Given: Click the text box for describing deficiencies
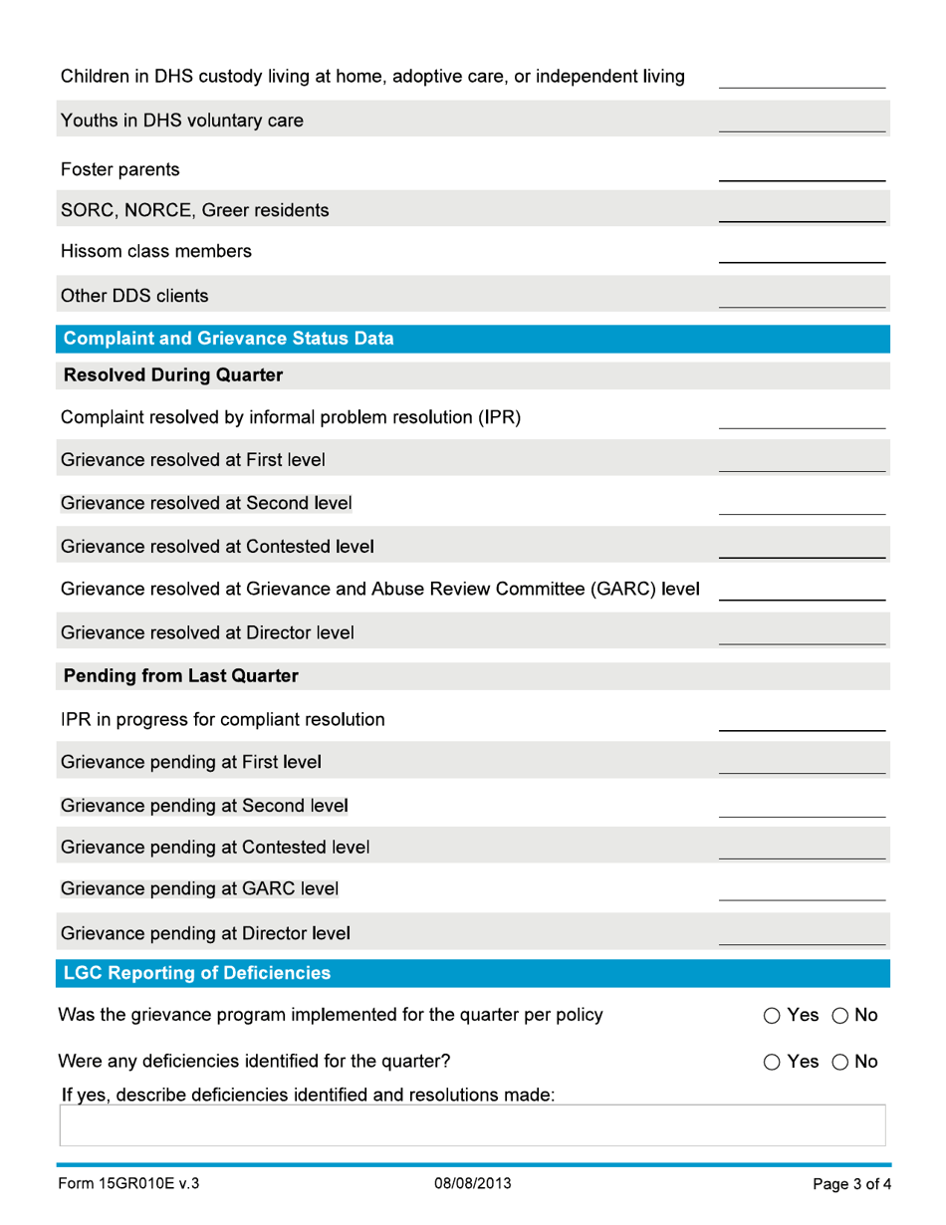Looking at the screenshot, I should tap(473, 1125).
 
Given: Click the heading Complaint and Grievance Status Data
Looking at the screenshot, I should tap(228, 338).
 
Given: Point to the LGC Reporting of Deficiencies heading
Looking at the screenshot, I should tap(198, 971).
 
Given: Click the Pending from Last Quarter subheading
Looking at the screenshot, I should tap(180, 676).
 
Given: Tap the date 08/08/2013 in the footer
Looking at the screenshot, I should tap(474, 1185).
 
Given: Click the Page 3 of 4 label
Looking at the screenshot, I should tap(845, 1185).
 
